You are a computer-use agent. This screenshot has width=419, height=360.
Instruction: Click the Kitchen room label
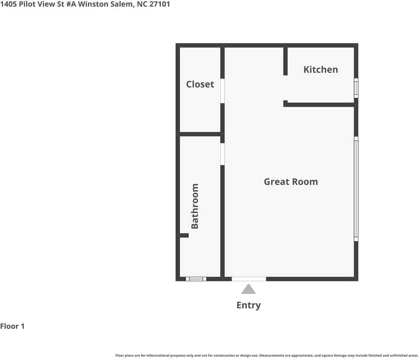coord(320,69)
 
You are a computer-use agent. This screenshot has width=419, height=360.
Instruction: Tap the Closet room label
coord(200,84)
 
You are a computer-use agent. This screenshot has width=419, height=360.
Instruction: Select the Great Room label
coord(291,181)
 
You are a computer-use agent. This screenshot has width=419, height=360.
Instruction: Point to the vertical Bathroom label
coord(195,206)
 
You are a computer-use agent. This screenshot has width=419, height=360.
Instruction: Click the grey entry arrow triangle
coord(248,289)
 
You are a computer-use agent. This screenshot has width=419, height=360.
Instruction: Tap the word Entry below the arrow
coord(248,305)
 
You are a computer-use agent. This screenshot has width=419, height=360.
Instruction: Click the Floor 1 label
coord(12,326)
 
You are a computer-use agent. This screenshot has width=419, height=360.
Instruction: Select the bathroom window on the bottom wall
coord(196,279)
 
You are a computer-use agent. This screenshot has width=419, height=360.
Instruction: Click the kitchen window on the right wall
coord(356,88)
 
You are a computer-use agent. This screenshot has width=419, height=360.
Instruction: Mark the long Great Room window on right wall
coord(356,189)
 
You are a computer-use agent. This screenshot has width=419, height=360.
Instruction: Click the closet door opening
coord(222,91)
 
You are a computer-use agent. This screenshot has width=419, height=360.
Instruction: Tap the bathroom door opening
coord(222,154)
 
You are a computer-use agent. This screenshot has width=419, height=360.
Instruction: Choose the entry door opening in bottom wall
coord(249,279)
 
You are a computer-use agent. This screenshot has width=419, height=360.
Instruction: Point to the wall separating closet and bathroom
coord(200,134)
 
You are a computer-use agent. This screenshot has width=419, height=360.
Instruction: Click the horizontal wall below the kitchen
coord(319,105)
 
